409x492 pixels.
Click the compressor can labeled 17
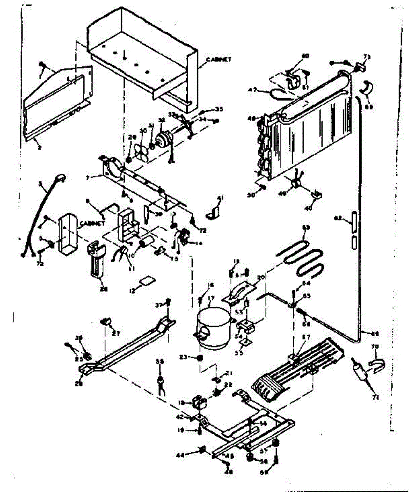[x=212, y=328]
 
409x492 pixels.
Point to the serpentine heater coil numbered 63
[x=304, y=258]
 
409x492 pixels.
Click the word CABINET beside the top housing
[x=219, y=59]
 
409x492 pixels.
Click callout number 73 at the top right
[x=366, y=57]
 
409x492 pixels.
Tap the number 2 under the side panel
[x=39, y=146]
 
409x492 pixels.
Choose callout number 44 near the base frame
[x=192, y=454]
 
